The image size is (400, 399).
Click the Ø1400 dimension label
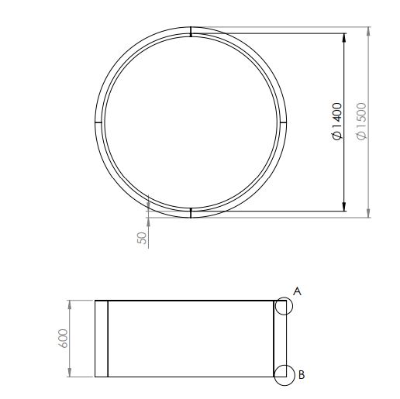click(x=337, y=122)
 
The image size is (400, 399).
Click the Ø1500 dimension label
click(x=361, y=122)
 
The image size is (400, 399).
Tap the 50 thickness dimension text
click(x=142, y=238)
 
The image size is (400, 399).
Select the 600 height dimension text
click(x=63, y=339)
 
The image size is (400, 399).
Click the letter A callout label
click(x=298, y=291)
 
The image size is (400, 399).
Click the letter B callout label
click(x=302, y=375)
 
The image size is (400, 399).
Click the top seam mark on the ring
click(x=191, y=32)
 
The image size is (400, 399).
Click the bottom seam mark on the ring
click(x=191, y=213)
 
